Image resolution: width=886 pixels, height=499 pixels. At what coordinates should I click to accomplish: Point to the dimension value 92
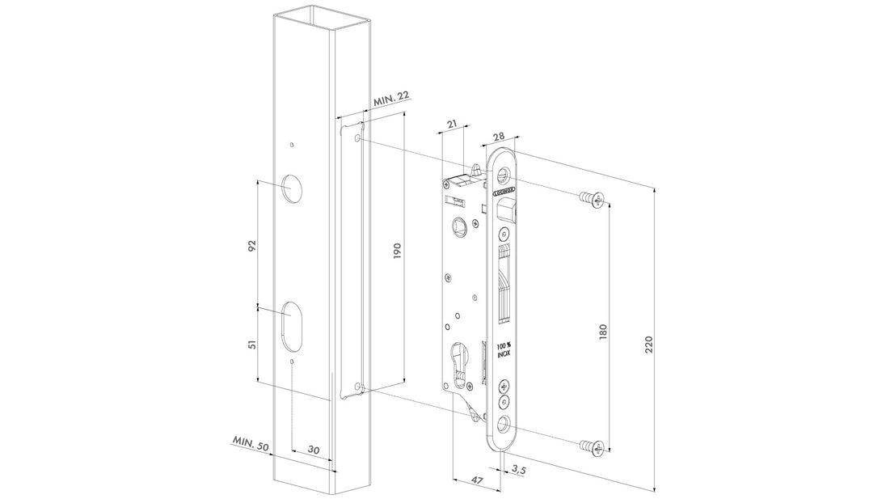(x=252, y=245)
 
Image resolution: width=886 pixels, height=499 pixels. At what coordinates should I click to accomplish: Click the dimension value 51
(x=252, y=345)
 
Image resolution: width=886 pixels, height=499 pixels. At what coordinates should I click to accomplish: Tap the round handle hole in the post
(x=290, y=188)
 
